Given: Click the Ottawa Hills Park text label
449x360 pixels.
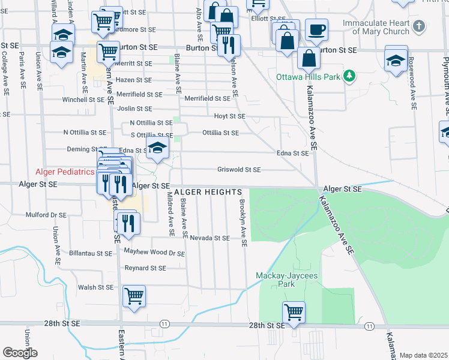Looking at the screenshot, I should pos(308,77).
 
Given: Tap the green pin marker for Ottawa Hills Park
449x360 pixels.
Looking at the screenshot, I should pos(348,76).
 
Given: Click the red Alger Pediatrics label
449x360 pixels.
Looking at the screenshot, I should pos(65,172).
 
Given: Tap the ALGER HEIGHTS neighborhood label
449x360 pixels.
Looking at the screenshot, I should pos(208,191).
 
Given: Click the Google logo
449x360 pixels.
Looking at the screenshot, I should pos(20,352).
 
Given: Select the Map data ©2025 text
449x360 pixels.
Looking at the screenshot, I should pos(423,355).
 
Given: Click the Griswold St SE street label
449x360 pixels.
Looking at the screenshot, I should pos(239,170).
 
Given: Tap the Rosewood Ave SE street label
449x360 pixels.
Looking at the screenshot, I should pos(413,84).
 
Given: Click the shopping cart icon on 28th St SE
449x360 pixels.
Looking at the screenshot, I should pos(294,312).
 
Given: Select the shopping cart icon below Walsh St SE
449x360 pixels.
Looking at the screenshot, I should pos(134,296).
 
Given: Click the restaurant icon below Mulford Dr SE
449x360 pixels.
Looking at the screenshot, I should pos(128,223).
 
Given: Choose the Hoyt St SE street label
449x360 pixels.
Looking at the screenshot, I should pos(230,116).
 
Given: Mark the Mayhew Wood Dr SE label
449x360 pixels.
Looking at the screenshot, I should pos(154,253).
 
